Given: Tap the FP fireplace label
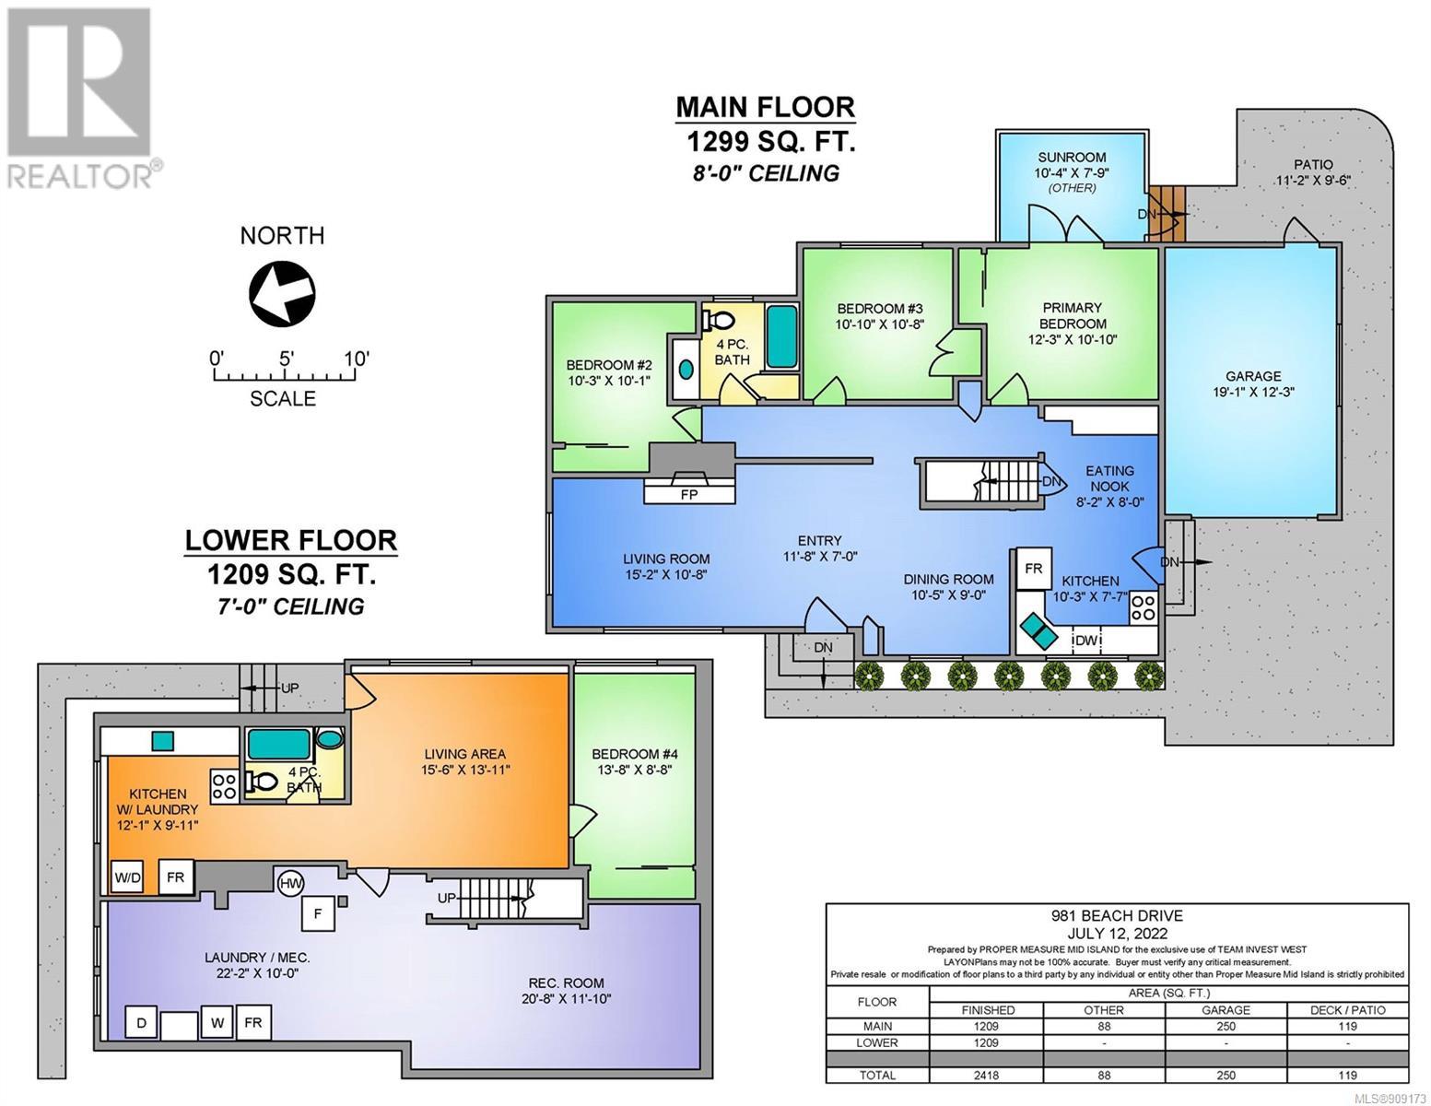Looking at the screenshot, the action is coord(689,495).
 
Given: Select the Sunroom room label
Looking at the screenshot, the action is coord(1072,158).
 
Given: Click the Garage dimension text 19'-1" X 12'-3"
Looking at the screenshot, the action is coord(1253,392).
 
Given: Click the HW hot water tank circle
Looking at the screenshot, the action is coord(289,883).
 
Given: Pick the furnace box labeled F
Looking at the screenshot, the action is coord(318,914).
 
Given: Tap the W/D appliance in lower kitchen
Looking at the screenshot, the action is coord(127,878).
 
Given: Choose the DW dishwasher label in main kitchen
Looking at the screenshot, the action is coord(1086,640).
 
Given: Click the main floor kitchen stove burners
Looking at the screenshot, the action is coord(1144,607).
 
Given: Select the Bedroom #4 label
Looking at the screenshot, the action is coord(634,754).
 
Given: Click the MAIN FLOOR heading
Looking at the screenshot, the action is coord(766,107).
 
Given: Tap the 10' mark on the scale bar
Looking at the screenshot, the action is coord(357,359).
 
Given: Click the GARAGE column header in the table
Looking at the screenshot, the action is coord(1226,1009).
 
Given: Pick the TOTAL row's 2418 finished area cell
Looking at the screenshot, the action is coord(986,1075).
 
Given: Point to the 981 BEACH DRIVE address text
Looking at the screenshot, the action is coord(1117,915).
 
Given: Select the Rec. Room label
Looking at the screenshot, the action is coord(566,982).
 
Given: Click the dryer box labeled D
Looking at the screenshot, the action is coord(142,1023).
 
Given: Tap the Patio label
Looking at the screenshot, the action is coord(1313,165).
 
